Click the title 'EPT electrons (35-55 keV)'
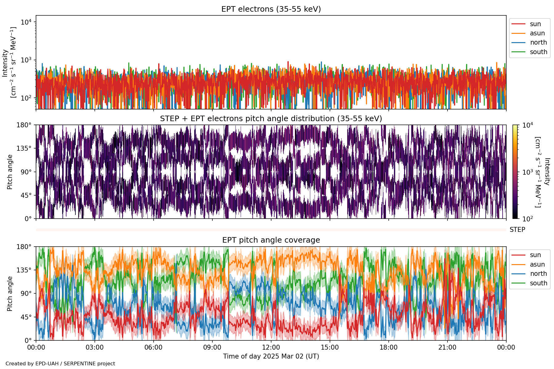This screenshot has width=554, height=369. click(271, 9)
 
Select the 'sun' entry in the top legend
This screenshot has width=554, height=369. click(535, 24)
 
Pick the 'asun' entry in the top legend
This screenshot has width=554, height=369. click(537, 33)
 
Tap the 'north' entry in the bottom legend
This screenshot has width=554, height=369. click(538, 274)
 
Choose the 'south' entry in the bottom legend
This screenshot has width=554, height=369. click(538, 283)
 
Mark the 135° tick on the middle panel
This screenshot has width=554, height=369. click(24, 149)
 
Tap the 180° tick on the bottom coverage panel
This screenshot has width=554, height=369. click(24, 247)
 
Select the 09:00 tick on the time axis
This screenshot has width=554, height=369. click(212, 347)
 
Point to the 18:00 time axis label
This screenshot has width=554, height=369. click(389, 347)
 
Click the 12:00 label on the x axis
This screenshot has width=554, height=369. click(271, 347)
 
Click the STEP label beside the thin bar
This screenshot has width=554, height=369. click(517, 230)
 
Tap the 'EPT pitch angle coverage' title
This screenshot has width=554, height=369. click(271, 240)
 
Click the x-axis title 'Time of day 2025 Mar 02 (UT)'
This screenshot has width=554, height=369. click(271, 356)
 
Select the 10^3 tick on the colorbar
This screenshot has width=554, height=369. click(528, 172)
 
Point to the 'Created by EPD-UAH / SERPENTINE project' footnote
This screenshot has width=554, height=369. click(60, 363)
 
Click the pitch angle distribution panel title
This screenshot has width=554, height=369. click(271, 119)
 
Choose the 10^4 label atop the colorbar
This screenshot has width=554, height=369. click(528, 125)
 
